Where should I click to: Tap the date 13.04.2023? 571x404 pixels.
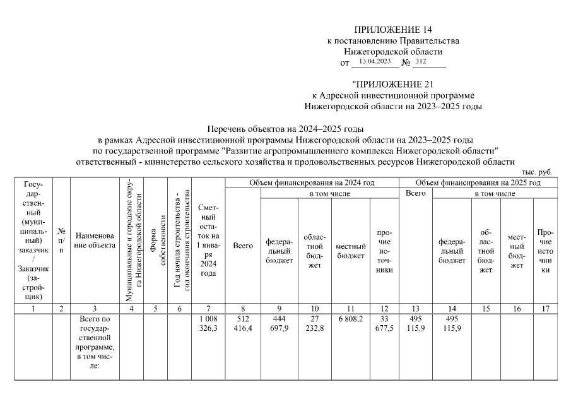375,62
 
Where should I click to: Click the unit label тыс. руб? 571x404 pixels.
536,172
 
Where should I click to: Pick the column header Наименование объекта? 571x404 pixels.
95,240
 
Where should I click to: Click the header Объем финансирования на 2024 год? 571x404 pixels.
312,182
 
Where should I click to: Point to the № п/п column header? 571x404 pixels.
61,240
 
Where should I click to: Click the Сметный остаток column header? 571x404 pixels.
208,240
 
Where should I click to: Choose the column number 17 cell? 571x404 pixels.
545,309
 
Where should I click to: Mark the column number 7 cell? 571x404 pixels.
208,309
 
